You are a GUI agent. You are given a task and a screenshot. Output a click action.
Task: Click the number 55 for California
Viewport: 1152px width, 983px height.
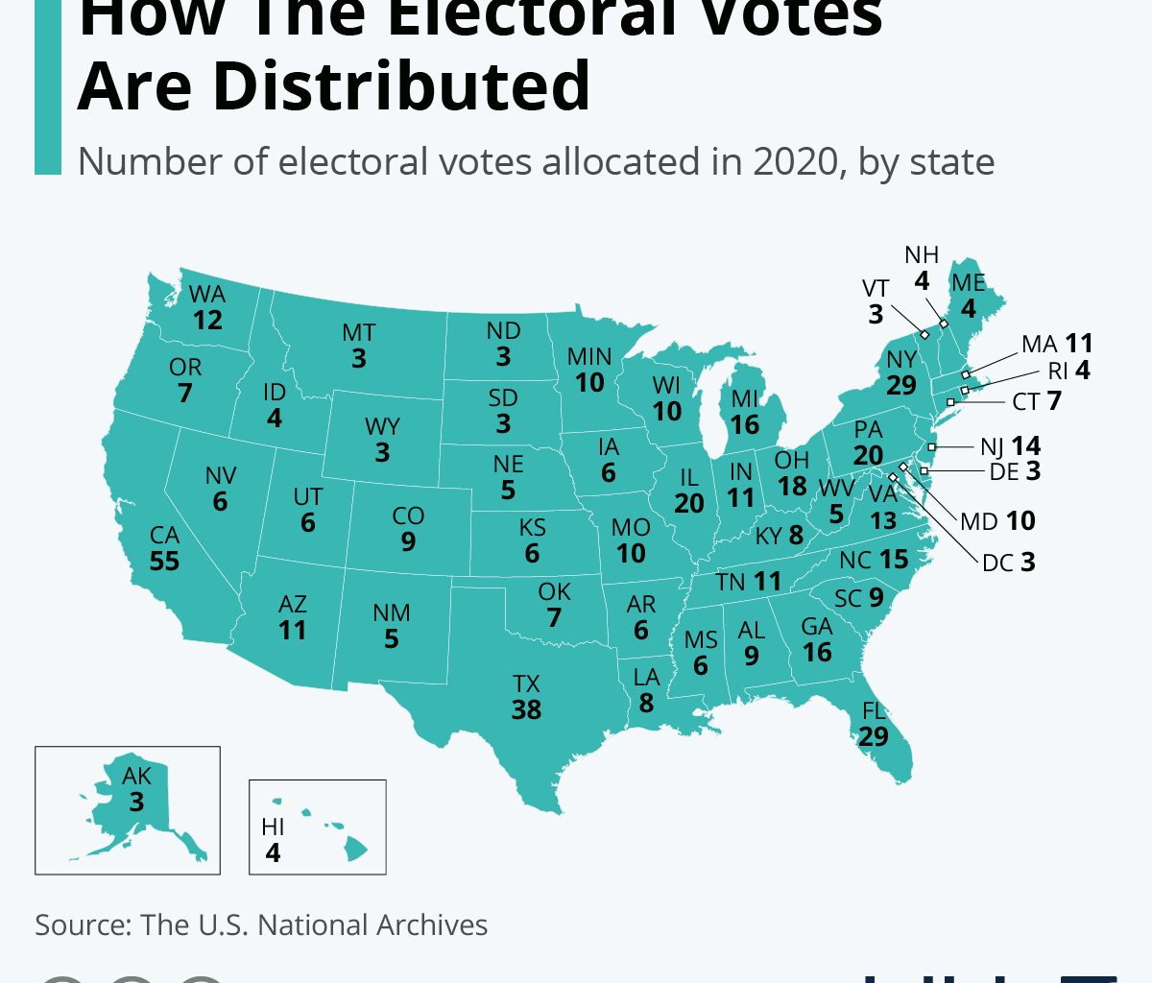pos(164,561)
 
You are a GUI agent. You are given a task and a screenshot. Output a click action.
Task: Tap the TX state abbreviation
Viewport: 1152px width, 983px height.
pos(526,683)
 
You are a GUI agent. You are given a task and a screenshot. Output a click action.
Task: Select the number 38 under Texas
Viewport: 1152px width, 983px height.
pos(526,710)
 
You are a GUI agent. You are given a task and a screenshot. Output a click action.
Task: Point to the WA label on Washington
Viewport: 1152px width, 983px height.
pos(207,294)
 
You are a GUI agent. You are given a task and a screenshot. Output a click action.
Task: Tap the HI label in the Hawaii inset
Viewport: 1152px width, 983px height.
pos(273,827)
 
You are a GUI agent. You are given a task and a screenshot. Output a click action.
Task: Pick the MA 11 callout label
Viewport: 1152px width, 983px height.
pos(1057,344)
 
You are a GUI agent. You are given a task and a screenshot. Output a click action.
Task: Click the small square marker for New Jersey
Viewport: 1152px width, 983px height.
pos(931,447)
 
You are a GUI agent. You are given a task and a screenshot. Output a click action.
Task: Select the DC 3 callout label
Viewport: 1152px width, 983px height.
pos(1008,563)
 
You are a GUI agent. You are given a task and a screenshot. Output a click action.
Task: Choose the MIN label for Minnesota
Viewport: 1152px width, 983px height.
pos(589,356)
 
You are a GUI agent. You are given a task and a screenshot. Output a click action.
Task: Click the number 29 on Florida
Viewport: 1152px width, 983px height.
pos(874,737)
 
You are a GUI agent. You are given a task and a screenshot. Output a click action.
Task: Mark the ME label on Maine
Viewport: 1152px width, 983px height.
pos(969,283)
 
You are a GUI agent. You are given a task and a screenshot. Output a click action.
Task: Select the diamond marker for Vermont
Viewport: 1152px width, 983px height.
pos(924,335)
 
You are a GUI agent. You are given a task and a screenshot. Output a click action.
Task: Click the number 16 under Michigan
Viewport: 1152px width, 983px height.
pos(745,425)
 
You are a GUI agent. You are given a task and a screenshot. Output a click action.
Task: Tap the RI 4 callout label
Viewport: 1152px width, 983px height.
pos(1068,371)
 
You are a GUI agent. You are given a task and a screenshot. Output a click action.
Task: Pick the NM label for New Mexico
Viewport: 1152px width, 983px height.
pos(392,612)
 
